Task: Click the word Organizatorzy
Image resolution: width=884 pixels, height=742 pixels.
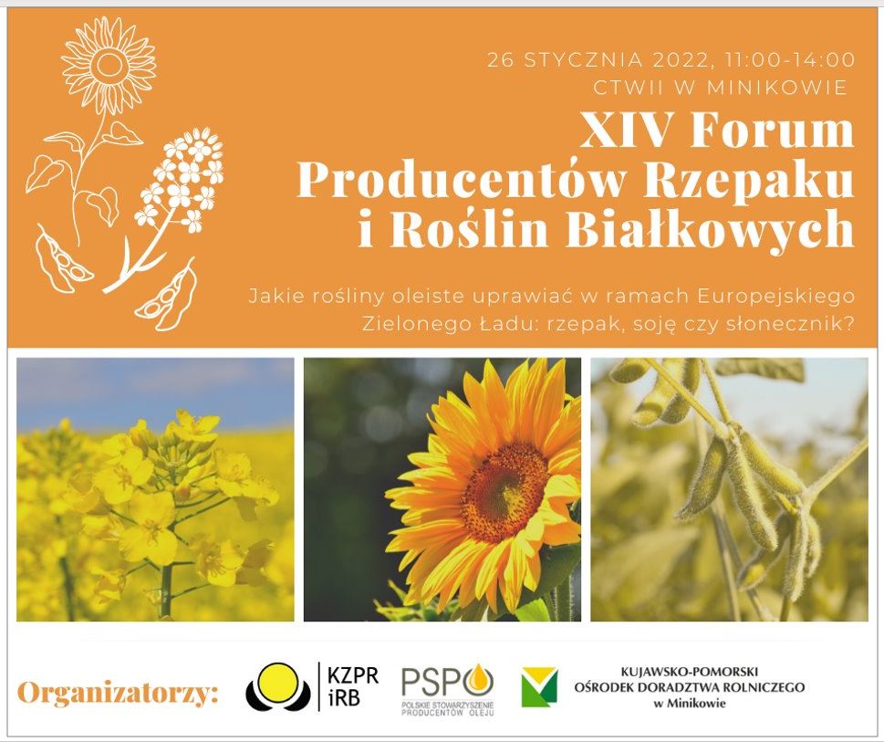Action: click(x=118, y=693)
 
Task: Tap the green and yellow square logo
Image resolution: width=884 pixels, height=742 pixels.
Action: click(x=539, y=686)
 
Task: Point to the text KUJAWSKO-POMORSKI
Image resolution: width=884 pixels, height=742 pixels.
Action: click(x=690, y=672)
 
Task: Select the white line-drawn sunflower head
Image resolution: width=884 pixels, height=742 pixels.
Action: click(x=109, y=63)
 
